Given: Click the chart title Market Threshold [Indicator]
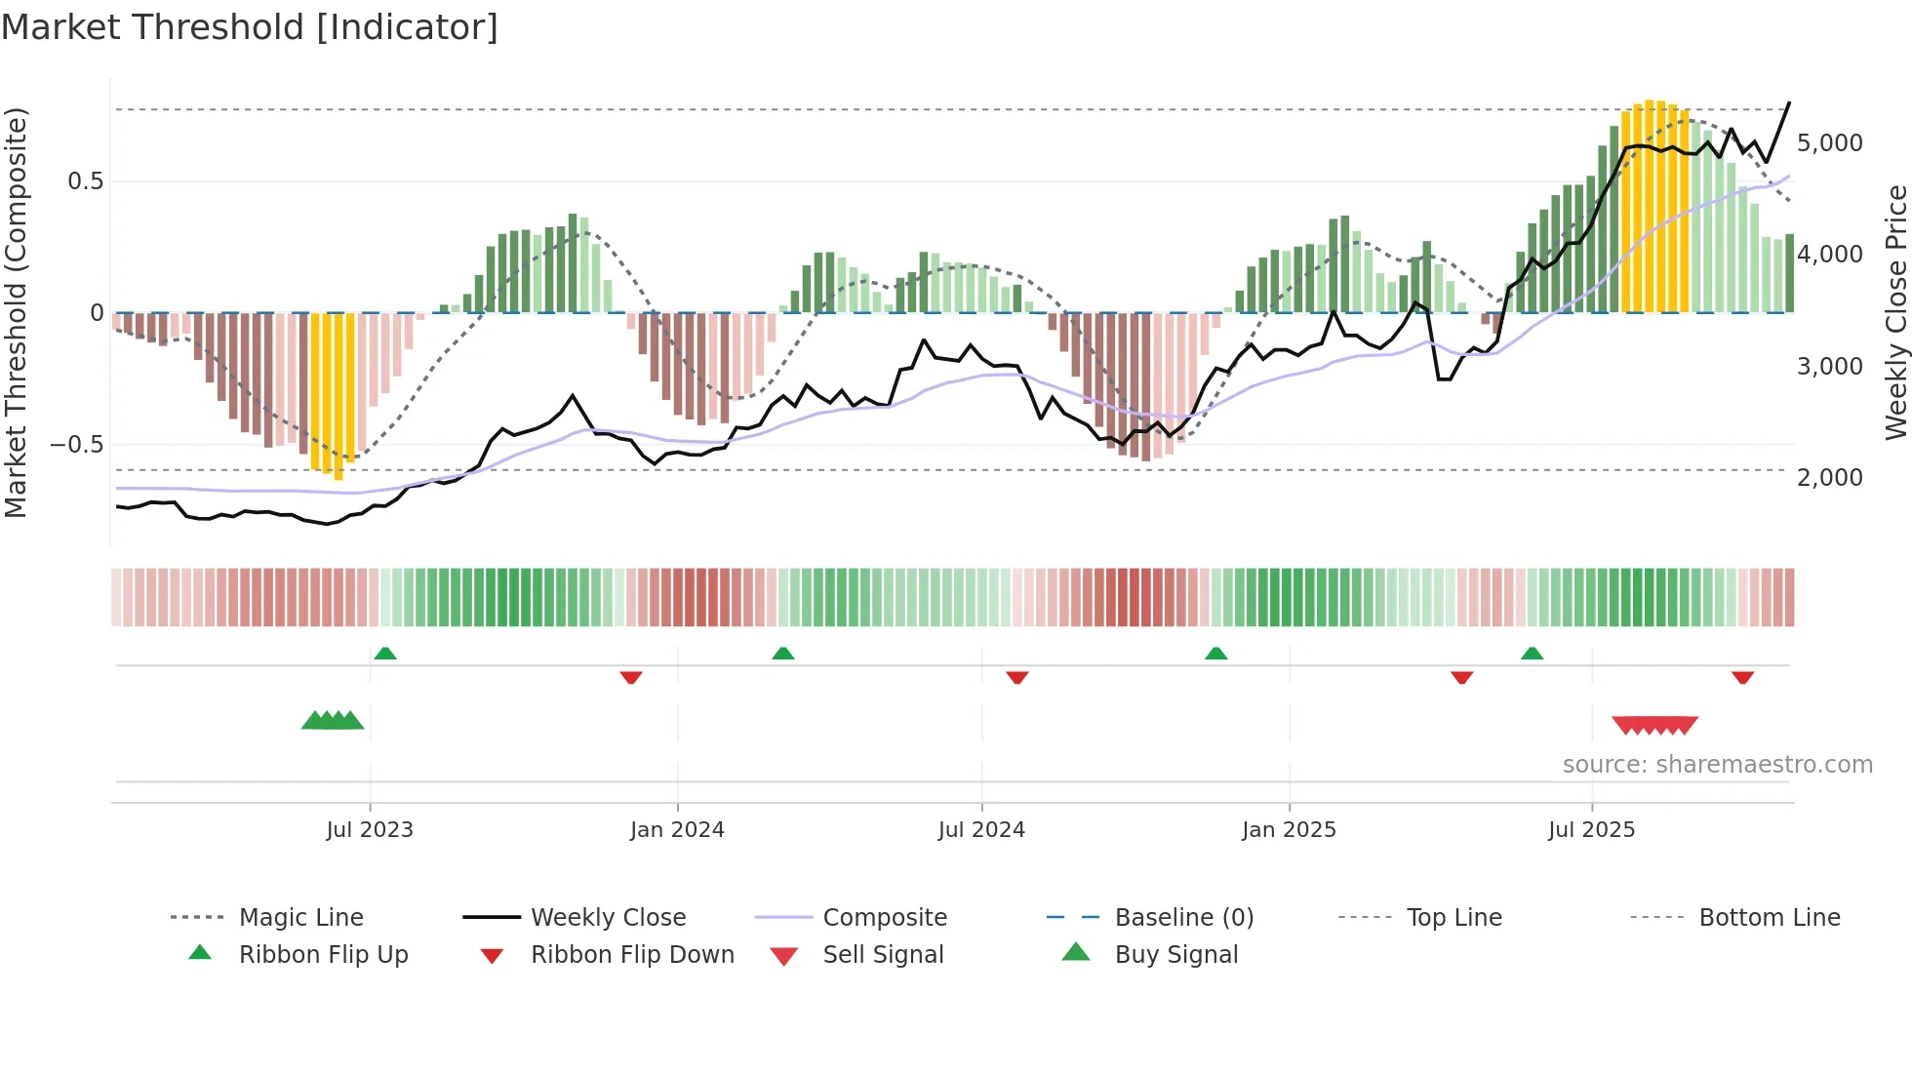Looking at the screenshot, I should pos(250,27).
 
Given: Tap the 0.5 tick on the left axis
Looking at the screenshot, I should pos(85,181).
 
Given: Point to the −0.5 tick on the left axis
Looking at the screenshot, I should pos(76,445).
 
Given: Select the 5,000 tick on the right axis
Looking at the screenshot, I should pos(1829,143).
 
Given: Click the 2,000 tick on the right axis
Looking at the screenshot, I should pos(1829,478).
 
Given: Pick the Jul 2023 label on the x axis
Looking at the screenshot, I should pos(370,830).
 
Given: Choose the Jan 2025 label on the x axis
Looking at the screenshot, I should pos(1289,830).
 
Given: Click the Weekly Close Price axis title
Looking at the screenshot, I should pos(1895,312).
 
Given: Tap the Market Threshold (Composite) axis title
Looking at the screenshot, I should pos(16,312).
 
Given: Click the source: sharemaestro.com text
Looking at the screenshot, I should pos(1717,765).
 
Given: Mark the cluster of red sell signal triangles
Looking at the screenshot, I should pos(1654,725).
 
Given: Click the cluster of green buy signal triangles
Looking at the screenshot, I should pos(333,721).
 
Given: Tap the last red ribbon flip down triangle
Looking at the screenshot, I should pos(1742,677).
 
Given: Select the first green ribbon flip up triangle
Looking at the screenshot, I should pos(385,654).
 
